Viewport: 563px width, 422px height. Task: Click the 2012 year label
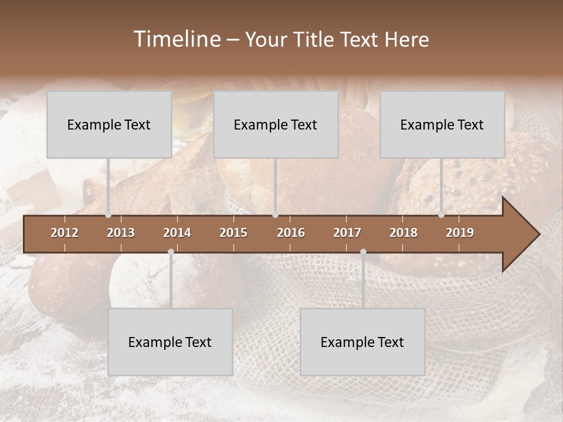tap(65, 233)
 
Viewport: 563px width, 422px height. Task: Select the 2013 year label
tap(121, 233)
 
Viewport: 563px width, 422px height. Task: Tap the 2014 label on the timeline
tap(177, 233)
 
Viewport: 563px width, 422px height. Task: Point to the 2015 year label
tap(233, 233)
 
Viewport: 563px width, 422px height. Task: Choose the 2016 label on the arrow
tap(291, 233)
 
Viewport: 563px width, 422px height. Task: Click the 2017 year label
tap(347, 233)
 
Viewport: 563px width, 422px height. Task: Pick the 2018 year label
tap(403, 233)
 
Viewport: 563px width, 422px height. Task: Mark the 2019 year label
tap(460, 233)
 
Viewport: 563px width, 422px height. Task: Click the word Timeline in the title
tap(177, 39)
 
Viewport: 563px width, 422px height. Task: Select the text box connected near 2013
tap(109, 124)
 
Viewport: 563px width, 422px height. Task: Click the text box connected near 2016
tap(276, 124)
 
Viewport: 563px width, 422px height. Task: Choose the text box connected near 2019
tap(442, 124)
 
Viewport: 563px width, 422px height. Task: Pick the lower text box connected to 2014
tap(170, 342)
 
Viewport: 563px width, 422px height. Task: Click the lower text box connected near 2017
tap(362, 342)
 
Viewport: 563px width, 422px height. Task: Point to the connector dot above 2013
tap(108, 215)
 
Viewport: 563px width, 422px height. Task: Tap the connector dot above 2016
tap(275, 215)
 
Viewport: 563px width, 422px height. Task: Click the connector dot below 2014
tap(171, 251)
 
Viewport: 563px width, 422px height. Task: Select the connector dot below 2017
tap(363, 251)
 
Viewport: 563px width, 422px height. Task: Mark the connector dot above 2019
tap(441, 215)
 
